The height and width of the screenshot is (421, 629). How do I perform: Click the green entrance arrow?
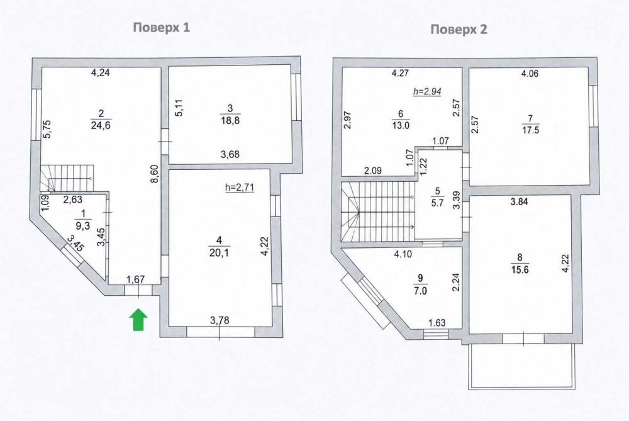[x=138, y=320]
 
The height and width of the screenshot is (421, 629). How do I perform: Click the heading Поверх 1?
[x=161, y=27]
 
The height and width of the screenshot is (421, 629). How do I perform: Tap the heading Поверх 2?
[x=459, y=30]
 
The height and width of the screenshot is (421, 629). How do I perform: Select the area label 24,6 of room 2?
[x=101, y=125]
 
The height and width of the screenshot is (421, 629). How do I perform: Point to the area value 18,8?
[x=230, y=120]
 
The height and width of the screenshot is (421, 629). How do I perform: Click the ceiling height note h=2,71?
[x=240, y=187]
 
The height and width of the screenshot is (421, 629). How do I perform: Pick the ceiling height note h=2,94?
[x=427, y=91]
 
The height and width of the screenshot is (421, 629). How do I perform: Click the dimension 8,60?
[x=155, y=174]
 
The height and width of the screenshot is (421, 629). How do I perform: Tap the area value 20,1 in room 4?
[x=219, y=252]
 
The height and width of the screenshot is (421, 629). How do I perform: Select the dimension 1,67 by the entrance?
[x=136, y=279]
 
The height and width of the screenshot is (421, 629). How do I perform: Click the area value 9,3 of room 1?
[x=82, y=226]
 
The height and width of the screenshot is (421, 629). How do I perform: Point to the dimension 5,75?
[x=47, y=130]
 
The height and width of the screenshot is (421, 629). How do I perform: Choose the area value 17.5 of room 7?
[x=530, y=130]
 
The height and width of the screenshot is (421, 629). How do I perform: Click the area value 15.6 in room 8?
[x=520, y=270]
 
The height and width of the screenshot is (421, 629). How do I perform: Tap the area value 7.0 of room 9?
[x=420, y=291]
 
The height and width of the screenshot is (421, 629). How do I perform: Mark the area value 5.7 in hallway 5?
[x=437, y=203]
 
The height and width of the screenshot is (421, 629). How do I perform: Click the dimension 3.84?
[x=519, y=201]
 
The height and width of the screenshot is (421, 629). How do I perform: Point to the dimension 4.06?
[x=530, y=74]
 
